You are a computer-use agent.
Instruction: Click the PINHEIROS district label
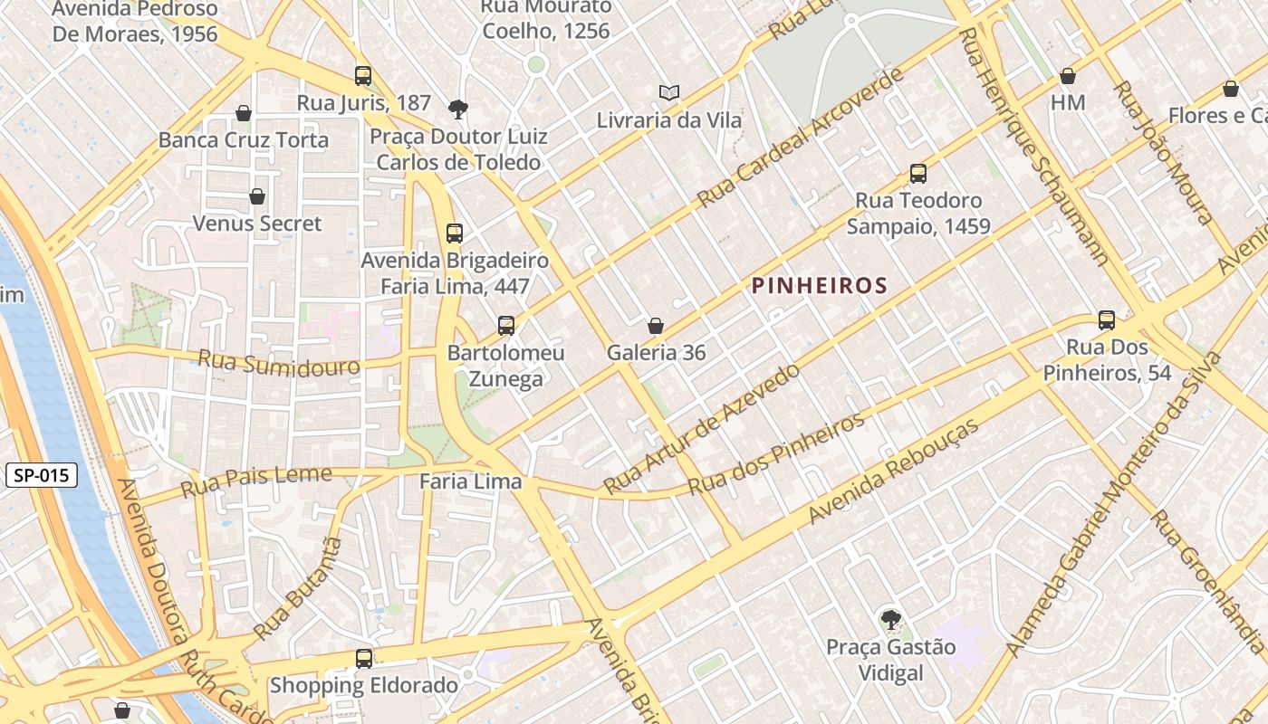coord(819,286)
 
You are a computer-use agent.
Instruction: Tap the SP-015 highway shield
coord(42,475)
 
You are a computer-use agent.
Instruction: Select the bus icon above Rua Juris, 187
coord(363,76)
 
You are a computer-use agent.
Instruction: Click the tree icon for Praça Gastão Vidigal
coord(891,620)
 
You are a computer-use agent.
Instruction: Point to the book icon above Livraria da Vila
coord(669,92)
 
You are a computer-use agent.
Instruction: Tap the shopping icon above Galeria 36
coord(656,326)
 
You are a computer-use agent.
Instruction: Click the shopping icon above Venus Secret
coord(257,196)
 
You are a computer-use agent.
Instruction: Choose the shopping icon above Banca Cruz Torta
coord(243,113)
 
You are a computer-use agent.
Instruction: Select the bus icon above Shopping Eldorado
coord(364,658)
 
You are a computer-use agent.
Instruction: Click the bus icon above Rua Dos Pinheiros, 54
coord(1107,319)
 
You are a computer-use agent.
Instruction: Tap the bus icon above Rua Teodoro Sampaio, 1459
coord(918,173)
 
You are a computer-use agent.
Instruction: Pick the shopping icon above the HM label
coord(1068,76)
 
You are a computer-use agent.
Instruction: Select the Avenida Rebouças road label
coord(894,472)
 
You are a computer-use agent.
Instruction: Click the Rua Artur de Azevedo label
coord(702,428)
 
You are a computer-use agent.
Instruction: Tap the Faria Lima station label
coord(471,481)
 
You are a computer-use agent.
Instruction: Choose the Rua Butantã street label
coord(299,588)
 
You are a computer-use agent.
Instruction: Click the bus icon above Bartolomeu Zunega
coord(506,325)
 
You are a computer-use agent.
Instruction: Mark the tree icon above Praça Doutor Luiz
coord(458,110)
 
